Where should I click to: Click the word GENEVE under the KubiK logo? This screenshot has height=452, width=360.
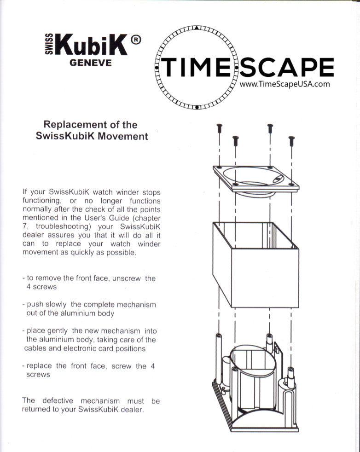(x=90, y=63)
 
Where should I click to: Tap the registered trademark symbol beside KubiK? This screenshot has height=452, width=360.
(x=135, y=41)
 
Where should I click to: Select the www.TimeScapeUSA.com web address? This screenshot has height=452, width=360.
(x=285, y=84)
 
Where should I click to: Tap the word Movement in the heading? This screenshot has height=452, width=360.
(x=125, y=136)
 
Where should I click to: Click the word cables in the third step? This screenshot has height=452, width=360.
(x=36, y=348)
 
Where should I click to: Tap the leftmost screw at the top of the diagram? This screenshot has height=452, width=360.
(x=219, y=127)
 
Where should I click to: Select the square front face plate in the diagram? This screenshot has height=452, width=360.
(x=255, y=180)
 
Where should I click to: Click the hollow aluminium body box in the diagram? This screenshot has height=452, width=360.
(x=256, y=264)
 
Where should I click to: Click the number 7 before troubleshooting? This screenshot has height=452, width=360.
(x=24, y=227)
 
